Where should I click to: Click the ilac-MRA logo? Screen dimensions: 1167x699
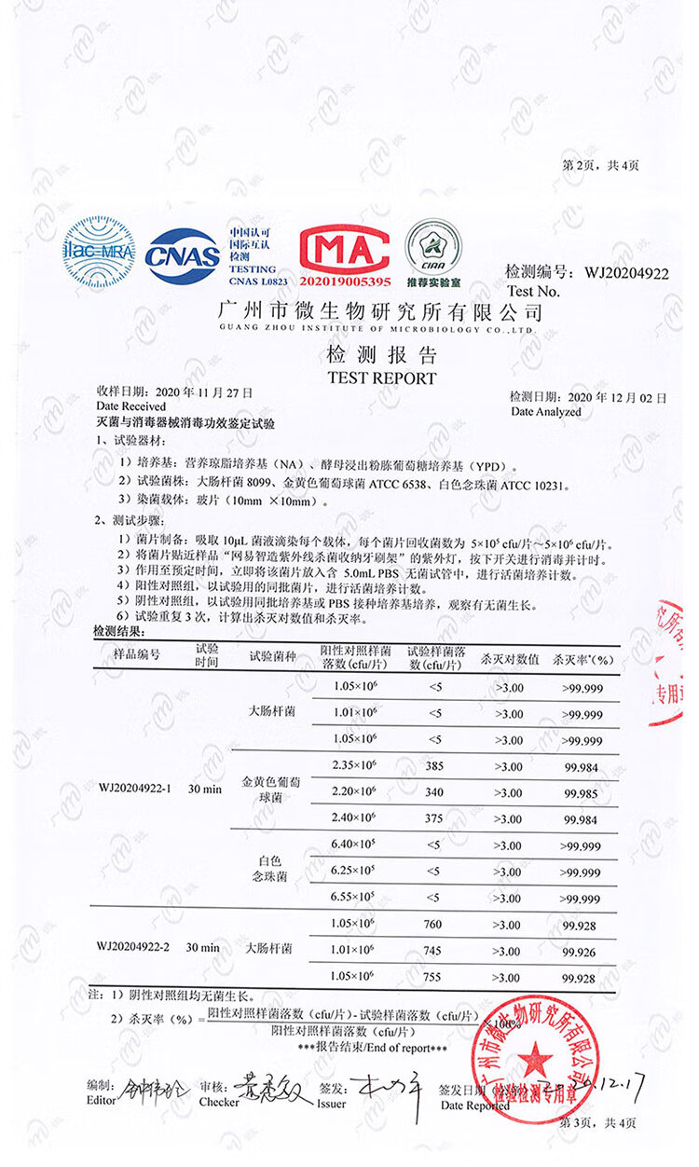tap(99, 253)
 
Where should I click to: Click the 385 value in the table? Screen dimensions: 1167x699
tap(435, 765)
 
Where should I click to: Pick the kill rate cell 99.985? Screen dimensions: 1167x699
tap(582, 792)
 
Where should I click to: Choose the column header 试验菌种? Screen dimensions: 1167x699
tap(272, 655)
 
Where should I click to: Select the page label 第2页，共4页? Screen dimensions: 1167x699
tap(600, 166)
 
